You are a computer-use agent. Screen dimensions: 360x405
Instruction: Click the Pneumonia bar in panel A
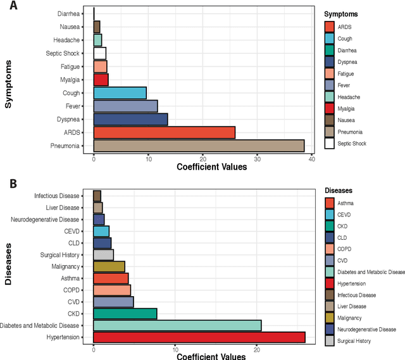199,146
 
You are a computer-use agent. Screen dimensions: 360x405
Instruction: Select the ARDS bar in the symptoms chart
164,132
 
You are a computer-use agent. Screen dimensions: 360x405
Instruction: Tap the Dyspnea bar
130,119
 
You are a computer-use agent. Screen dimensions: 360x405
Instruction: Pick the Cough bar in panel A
120,92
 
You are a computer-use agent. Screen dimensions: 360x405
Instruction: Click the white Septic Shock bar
99,53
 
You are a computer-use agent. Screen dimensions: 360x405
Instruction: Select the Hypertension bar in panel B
199,337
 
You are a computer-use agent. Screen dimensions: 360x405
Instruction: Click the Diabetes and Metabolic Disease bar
177,325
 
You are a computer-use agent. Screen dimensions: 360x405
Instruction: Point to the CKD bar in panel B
125,313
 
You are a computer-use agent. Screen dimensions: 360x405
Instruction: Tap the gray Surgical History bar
103,254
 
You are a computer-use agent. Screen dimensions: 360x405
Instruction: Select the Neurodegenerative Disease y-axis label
46,220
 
